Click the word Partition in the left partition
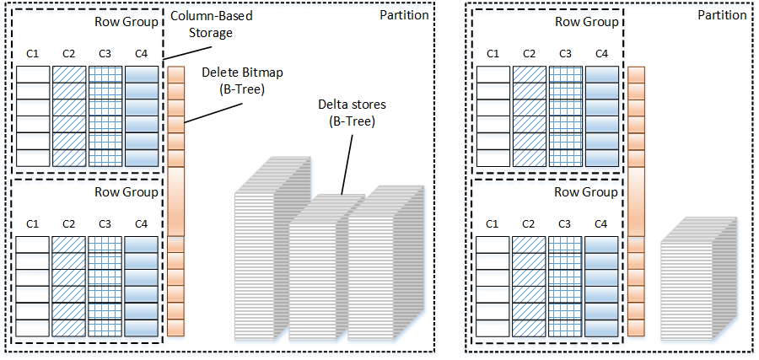(x=404, y=16)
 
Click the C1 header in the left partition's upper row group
(x=33, y=54)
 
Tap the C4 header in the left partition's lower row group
(x=140, y=223)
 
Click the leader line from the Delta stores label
(x=345, y=160)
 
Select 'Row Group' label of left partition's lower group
(x=128, y=191)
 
